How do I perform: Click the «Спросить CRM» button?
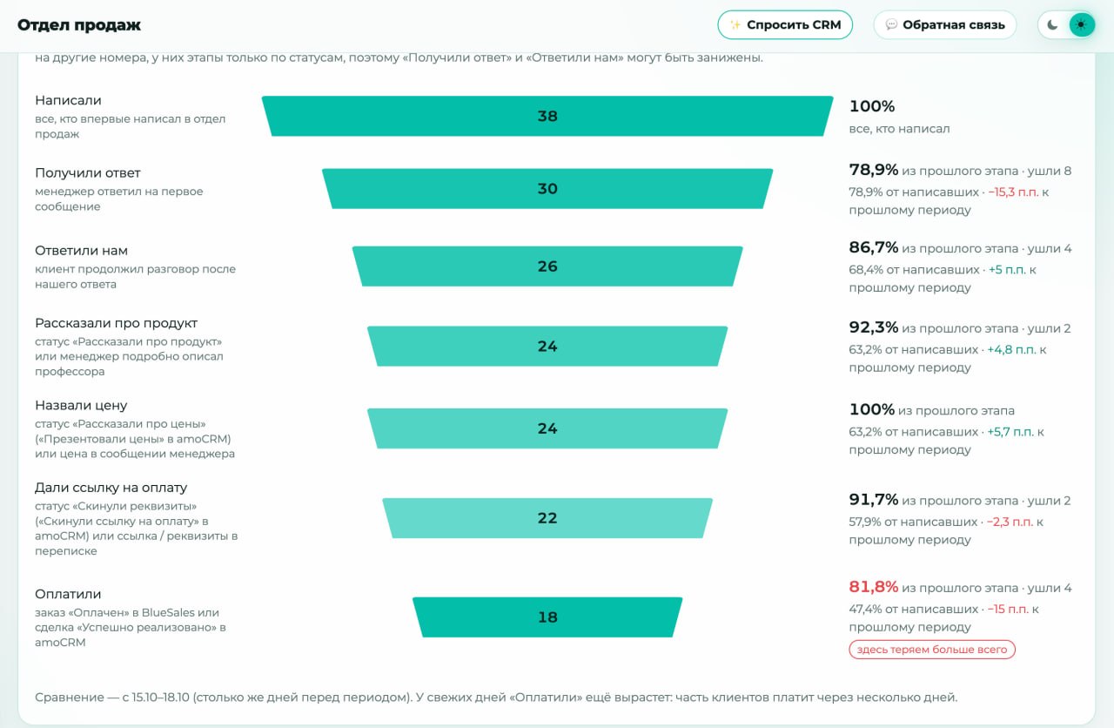coord(785,25)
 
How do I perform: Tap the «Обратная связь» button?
coord(945,25)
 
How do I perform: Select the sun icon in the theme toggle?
coord(1081,25)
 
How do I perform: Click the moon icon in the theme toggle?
coord(1052,25)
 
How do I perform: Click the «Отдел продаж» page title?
coord(79,25)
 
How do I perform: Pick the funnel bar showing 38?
coord(547,116)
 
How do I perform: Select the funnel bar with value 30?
coord(547,189)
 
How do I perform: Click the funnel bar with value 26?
coord(547,266)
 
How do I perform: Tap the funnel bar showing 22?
coord(547,518)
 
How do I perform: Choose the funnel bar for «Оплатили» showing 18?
coord(547,617)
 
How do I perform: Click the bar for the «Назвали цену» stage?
coord(547,428)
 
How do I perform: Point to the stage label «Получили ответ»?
coord(88,173)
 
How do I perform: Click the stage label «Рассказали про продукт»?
coord(116,323)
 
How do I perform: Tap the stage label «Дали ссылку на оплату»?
coord(111,488)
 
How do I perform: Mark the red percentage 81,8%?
coord(873,587)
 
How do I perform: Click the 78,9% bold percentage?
coord(873,170)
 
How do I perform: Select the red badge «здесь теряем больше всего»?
coord(932,650)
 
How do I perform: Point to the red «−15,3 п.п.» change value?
coord(1013,192)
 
